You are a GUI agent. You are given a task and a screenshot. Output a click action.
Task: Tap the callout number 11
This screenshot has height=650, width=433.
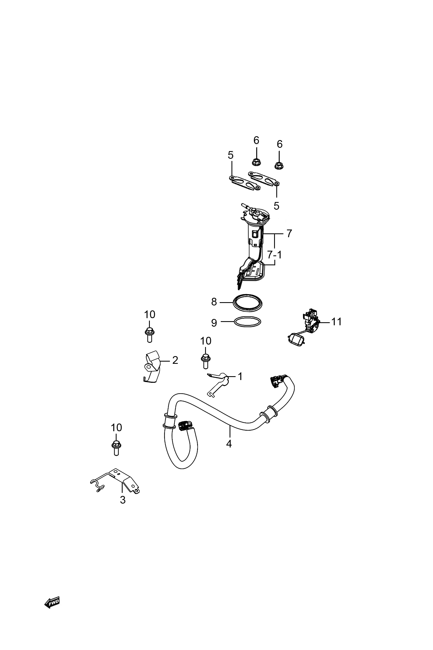point(336,322)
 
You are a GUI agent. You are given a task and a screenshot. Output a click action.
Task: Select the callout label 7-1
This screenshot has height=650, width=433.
point(274,255)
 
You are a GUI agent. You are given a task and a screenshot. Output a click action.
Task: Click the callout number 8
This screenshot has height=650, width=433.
point(214,302)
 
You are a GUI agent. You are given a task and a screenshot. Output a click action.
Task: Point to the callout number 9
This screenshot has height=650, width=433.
point(214,323)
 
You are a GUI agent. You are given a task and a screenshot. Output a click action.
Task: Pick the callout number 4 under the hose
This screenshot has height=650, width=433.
point(229,444)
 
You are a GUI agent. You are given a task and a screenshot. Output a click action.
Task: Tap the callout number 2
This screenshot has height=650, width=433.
point(175,360)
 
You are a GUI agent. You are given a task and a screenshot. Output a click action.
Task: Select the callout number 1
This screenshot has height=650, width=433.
point(240,376)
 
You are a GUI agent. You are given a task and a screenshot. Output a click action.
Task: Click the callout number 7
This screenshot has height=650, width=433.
point(289,234)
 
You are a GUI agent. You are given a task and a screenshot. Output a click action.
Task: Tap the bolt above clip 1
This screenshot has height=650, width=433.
point(205,361)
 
